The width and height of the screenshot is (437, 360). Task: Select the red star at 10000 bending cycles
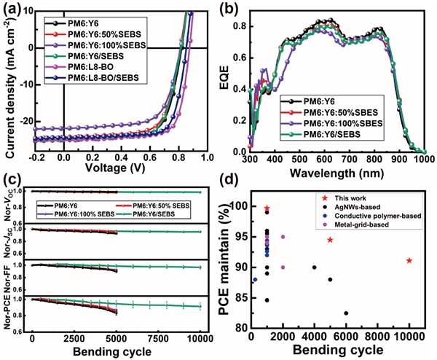409,260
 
